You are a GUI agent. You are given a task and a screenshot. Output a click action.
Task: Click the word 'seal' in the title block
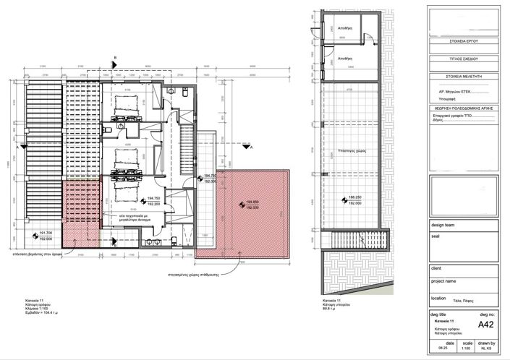(435, 235)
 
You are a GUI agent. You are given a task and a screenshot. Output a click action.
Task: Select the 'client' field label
(436, 269)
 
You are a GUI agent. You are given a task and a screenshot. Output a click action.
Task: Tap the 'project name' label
(443, 280)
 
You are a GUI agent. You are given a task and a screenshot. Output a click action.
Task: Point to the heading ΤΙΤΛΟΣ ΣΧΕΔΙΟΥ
(463, 58)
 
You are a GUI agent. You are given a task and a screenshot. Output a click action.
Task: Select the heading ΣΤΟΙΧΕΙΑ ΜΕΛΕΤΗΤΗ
(463, 75)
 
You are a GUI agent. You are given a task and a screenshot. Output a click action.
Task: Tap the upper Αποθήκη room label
(346, 27)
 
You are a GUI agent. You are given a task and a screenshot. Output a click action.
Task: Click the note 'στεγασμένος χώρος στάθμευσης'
(190, 273)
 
